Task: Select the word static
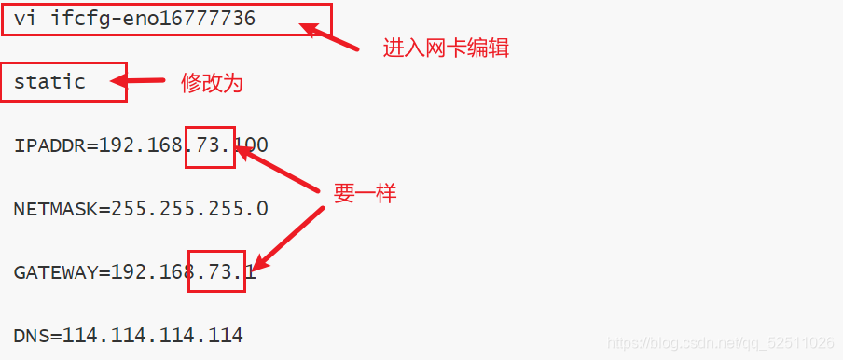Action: pyautogui.click(x=49, y=82)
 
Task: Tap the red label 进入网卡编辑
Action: pyautogui.click(x=446, y=48)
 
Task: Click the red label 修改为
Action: pyautogui.click(x=212, y=84)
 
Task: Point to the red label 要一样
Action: pyautogui.click(x=366, y=194)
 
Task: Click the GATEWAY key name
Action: pyautogui.click(x=55, y=272)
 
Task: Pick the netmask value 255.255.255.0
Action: pyautogui.click(x=190, y=209)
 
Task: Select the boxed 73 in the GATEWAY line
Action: pyautogui.click(x=215, y=272)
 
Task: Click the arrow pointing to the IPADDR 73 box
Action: pyautogui.click(x=280, y=168)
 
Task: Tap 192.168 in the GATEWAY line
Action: pyautogui.click(x=153, y=272)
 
